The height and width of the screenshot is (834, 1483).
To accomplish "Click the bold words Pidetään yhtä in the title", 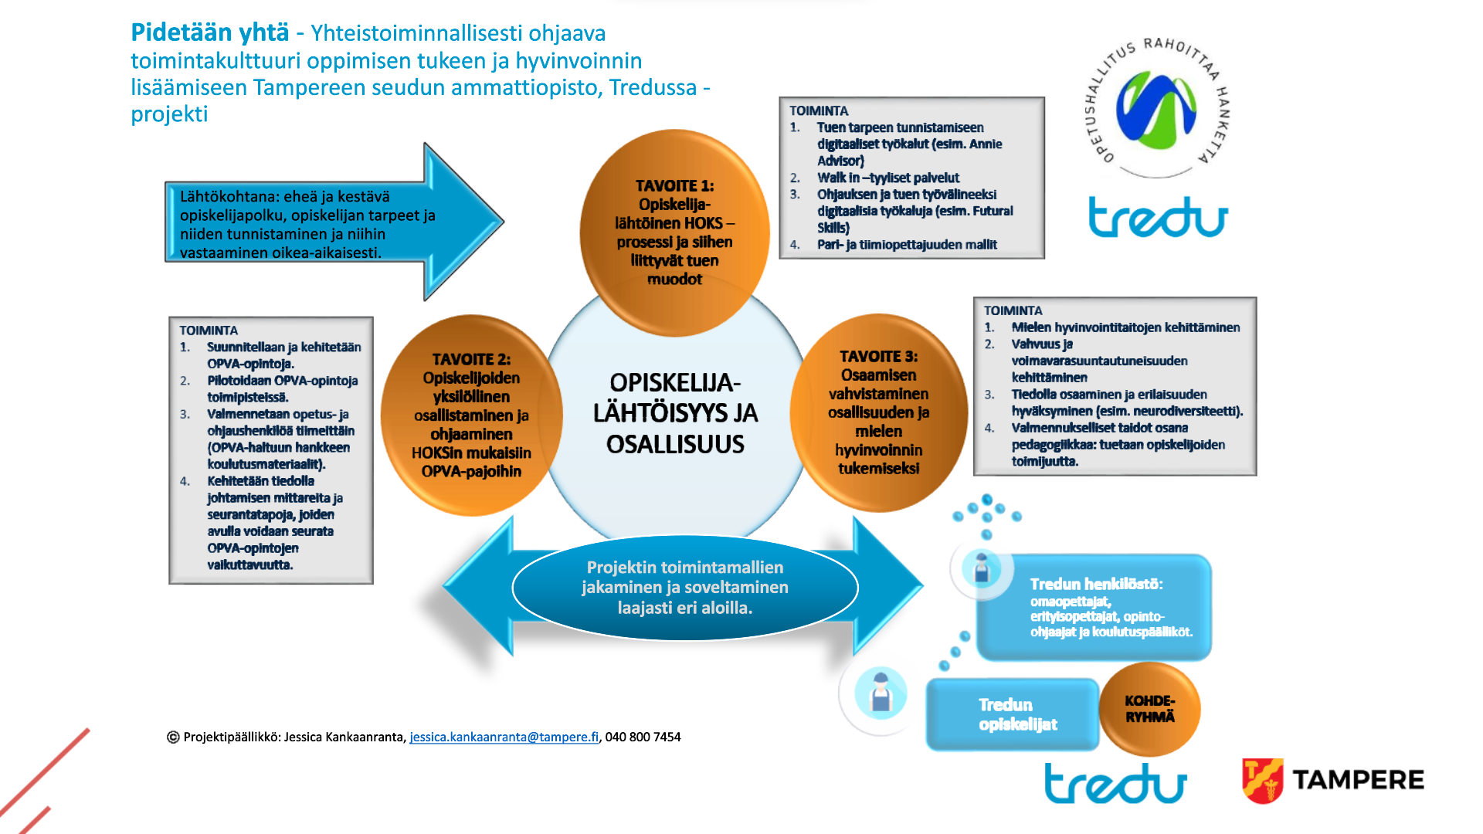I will click(209, 32).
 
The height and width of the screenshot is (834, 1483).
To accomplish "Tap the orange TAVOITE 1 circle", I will click(674, 232).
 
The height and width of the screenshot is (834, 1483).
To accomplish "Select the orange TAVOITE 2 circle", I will click(471, 415).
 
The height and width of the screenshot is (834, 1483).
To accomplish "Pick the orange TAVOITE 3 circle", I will click(879, 412).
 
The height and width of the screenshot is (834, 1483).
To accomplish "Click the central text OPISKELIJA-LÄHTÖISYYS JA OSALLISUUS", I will click(675, 413).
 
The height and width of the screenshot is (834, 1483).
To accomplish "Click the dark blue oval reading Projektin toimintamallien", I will click(685, 588).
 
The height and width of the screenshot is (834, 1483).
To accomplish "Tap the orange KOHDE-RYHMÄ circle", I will click(1149, 709).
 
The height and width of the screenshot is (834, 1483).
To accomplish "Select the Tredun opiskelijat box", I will click(1013, 714).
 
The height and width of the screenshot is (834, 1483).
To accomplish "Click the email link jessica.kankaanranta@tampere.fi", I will click(504, 737).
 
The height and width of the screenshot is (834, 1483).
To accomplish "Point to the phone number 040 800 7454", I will click(643, 737).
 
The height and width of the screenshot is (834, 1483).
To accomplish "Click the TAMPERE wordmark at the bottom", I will click(1358, 780).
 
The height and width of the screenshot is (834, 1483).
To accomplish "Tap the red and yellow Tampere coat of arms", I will click(1262, 780).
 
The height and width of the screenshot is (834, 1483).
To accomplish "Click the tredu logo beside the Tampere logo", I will click(1115, 783).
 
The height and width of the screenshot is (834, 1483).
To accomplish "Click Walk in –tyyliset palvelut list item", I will click(888, 178).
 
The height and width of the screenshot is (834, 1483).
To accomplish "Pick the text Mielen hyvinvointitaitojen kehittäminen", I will click(1125, 327).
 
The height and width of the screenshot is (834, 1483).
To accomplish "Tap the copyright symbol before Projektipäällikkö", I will click(173, 737).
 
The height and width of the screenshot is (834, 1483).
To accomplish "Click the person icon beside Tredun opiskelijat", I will click(881, 692).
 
